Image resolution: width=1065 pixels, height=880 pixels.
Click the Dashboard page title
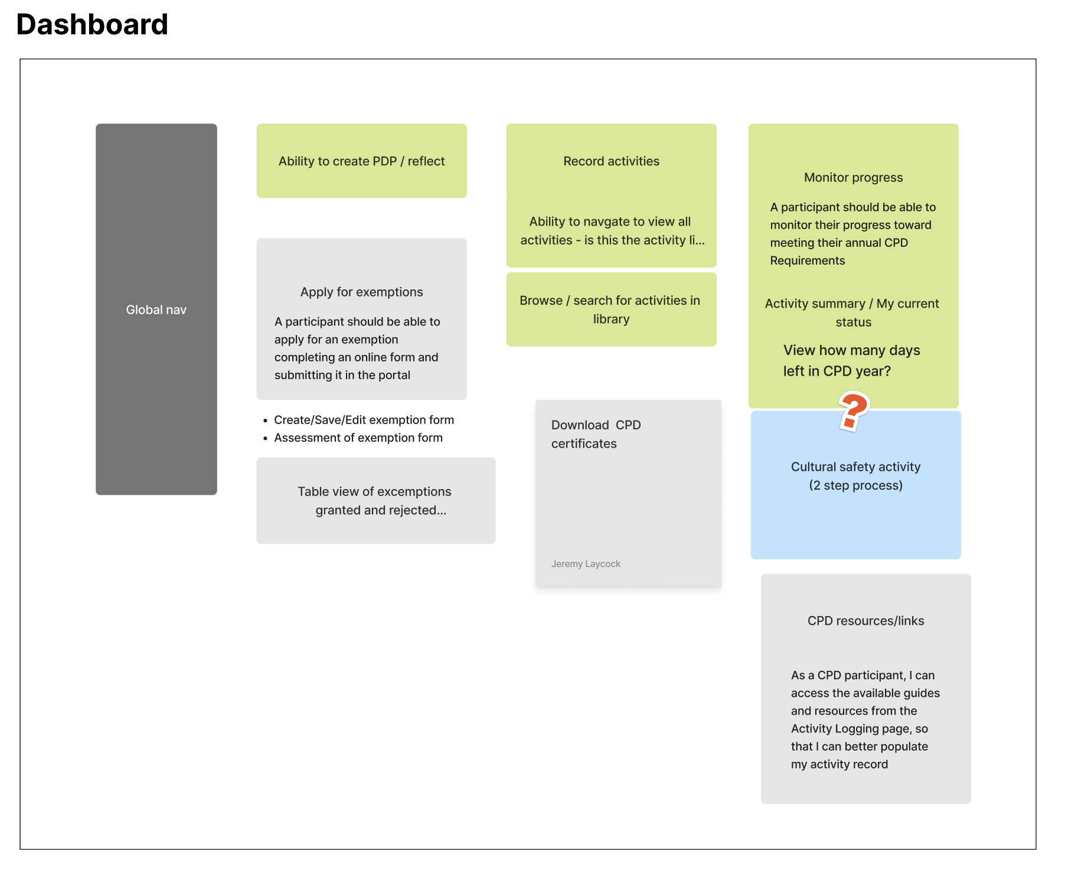[x=92, y=25]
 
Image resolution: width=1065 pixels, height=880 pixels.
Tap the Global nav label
[x=156, y=309]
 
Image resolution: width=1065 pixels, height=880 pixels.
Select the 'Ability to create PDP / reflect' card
[x=361, y=161]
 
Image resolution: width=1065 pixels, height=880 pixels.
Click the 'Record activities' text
[x=611, y=161]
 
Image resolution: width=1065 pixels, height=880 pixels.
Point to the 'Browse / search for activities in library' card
[x=611, y=309]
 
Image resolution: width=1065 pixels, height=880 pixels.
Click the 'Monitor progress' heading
[x=853, y=177]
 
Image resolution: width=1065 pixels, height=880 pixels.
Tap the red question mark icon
[x=853, y=411]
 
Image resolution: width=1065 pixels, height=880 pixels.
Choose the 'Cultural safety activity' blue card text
[x=855, y=475]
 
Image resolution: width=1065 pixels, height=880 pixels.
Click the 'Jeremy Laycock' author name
[x=586, y=564]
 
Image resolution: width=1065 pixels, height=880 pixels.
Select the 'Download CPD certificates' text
[x=596, y=434]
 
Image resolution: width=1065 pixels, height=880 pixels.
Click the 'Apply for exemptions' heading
[x=361, y=292]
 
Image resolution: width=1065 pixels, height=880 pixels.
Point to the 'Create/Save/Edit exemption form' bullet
[x=364, y=420]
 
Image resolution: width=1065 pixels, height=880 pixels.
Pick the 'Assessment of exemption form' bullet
[x=358, y=438]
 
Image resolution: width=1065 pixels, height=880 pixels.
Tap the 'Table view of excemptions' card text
[x=374, y=501]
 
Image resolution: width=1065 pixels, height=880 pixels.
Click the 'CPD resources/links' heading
[x=865, y=621]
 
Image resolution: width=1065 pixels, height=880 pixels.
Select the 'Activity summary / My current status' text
[x=852, y=312]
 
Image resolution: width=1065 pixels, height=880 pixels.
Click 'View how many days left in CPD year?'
[x=851, y=360]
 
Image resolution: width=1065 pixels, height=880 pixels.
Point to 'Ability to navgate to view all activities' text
[x=612, y=230]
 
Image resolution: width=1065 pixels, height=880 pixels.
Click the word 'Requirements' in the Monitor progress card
[x=807, y=260]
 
